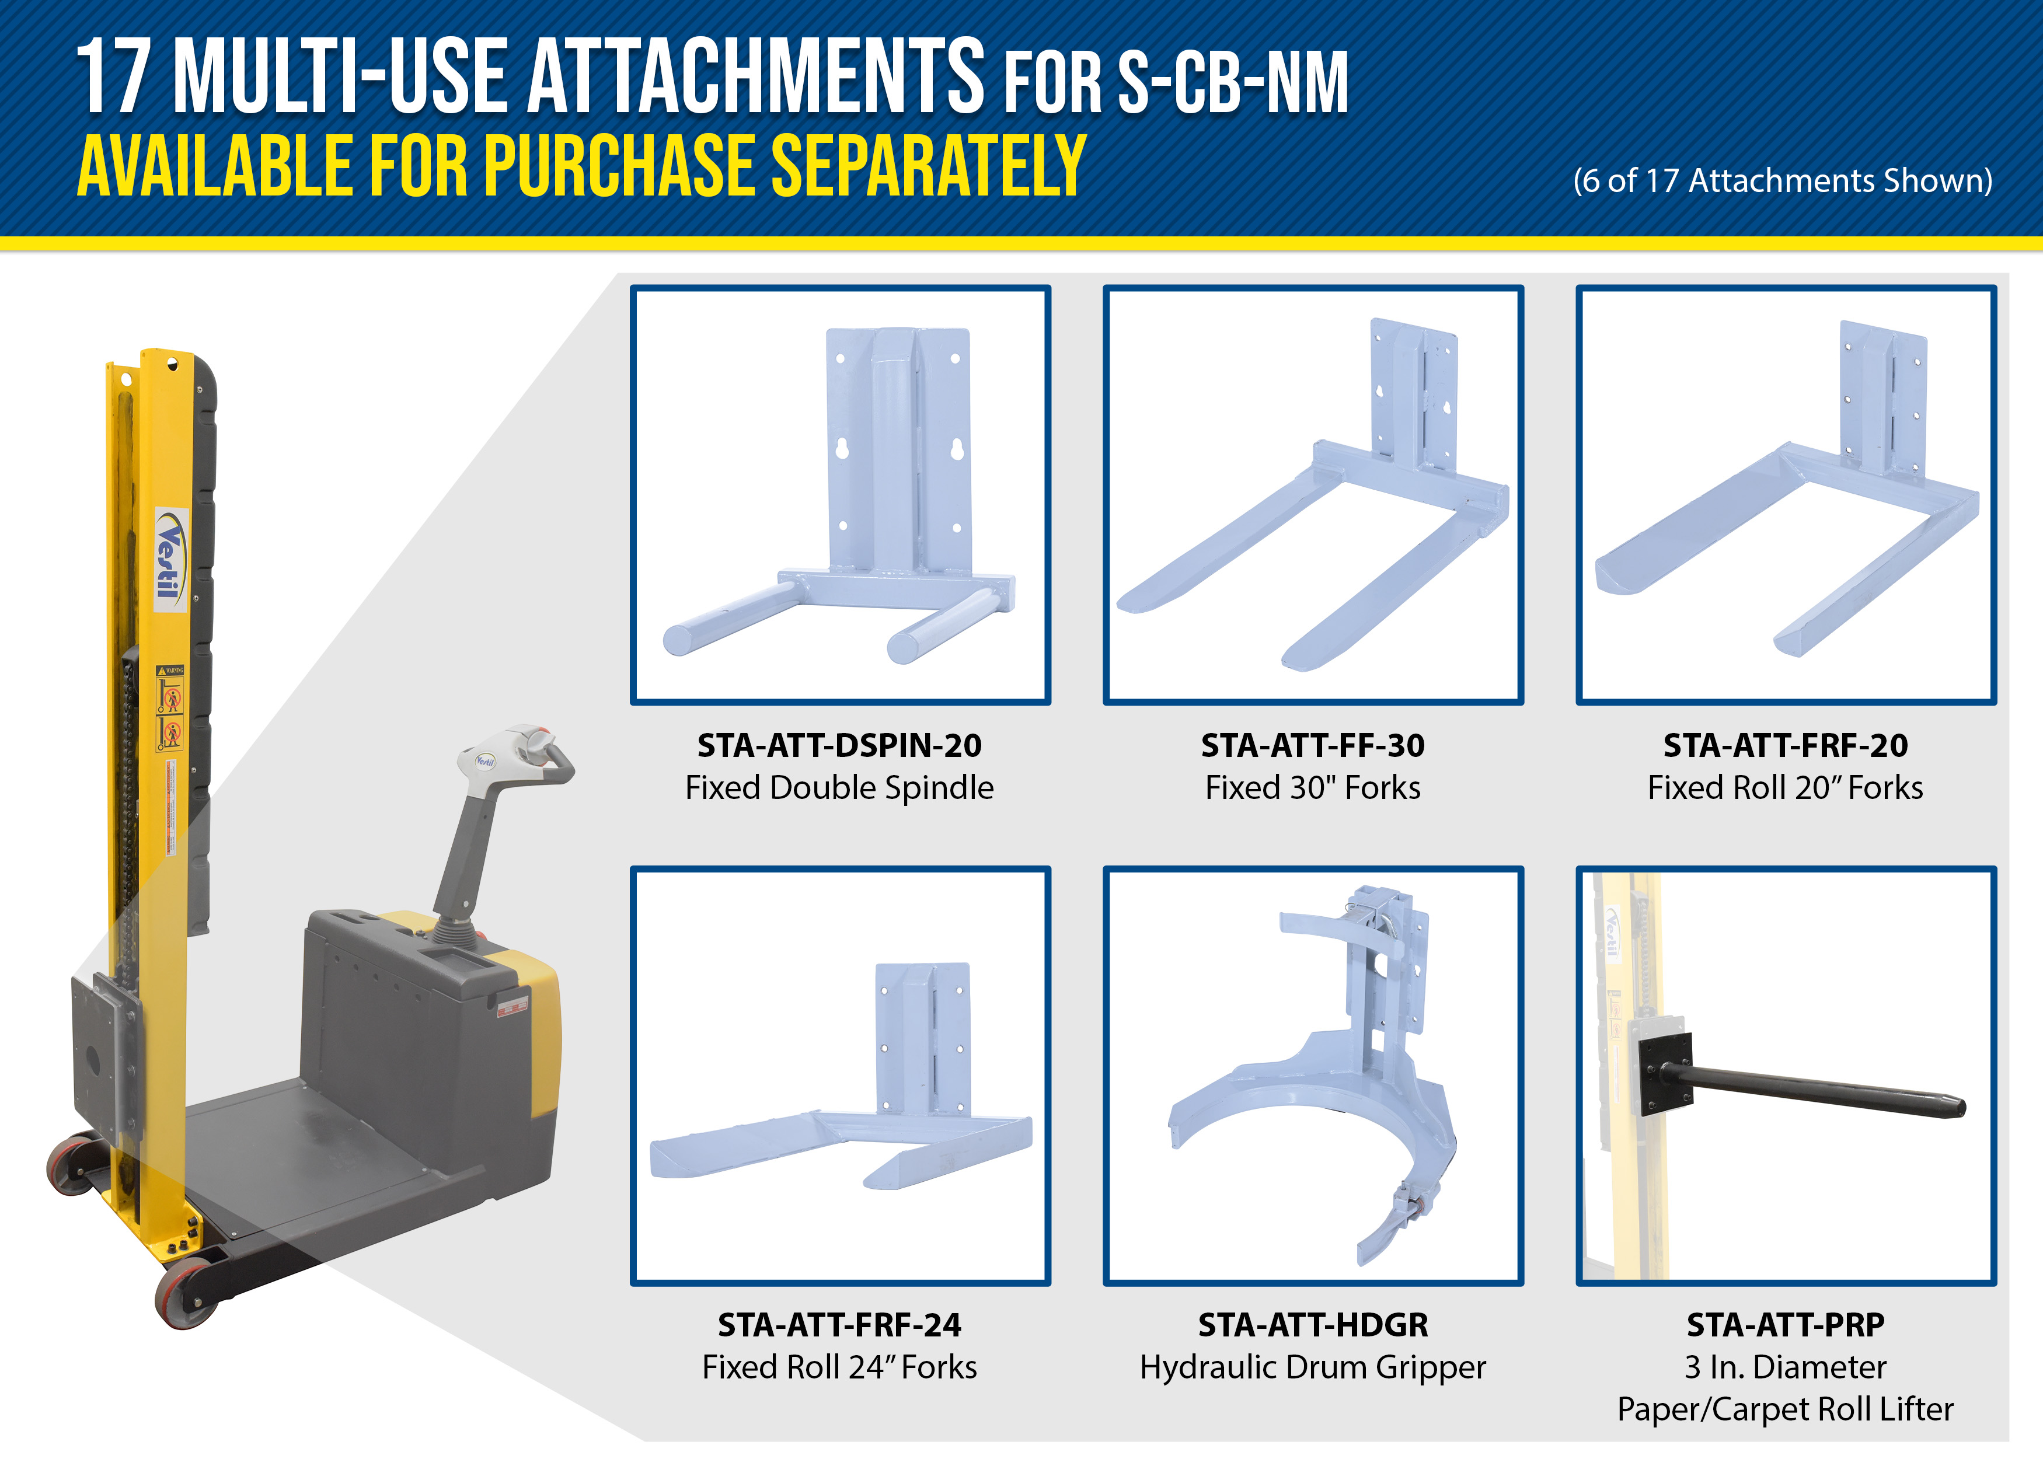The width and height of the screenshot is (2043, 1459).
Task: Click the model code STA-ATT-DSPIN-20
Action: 839,745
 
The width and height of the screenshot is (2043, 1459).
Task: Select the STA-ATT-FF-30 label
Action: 1313,745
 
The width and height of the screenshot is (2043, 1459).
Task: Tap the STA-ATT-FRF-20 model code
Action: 1785,745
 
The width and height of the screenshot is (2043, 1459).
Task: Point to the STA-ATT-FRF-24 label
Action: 839,1324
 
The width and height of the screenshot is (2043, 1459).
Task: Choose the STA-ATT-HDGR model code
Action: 1313,1324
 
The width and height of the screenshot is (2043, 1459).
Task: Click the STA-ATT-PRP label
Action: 1785,1324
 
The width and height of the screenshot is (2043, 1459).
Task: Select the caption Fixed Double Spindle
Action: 839,788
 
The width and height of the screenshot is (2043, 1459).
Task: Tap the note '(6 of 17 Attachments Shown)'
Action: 1783,180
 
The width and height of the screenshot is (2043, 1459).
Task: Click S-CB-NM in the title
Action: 1233,83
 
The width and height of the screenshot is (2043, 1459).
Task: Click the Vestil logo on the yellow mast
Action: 170,559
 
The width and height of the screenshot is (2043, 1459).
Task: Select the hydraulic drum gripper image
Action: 1313,1076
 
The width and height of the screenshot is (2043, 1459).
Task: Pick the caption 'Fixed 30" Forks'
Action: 1313,788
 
